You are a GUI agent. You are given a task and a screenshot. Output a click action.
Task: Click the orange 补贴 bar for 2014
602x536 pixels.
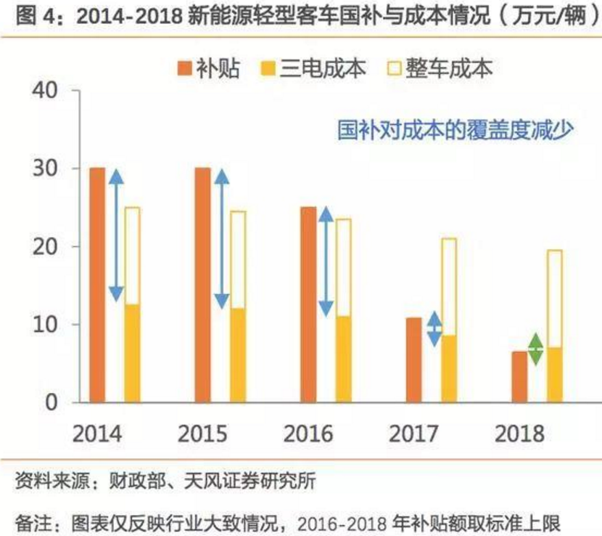coord(97,285)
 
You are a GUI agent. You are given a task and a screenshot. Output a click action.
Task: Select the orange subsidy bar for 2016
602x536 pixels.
coord(308,304)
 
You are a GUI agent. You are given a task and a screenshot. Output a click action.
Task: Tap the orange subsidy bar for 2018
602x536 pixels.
coord(519,376)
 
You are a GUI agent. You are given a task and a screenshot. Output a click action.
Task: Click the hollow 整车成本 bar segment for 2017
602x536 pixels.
coord(449,286)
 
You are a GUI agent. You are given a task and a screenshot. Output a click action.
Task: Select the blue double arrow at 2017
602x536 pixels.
coord(434,329)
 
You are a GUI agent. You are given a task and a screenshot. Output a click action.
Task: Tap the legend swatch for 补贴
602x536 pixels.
coord(184,68)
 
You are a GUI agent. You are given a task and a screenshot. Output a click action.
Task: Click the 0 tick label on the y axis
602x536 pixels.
coord(59,402)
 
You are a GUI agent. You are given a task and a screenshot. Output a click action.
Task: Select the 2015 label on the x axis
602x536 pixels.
coord(202,434)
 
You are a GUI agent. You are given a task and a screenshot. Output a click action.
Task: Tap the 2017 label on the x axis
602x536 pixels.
coord(413,434)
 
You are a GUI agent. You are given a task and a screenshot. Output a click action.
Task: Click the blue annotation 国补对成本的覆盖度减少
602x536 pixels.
coord(455,131)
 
